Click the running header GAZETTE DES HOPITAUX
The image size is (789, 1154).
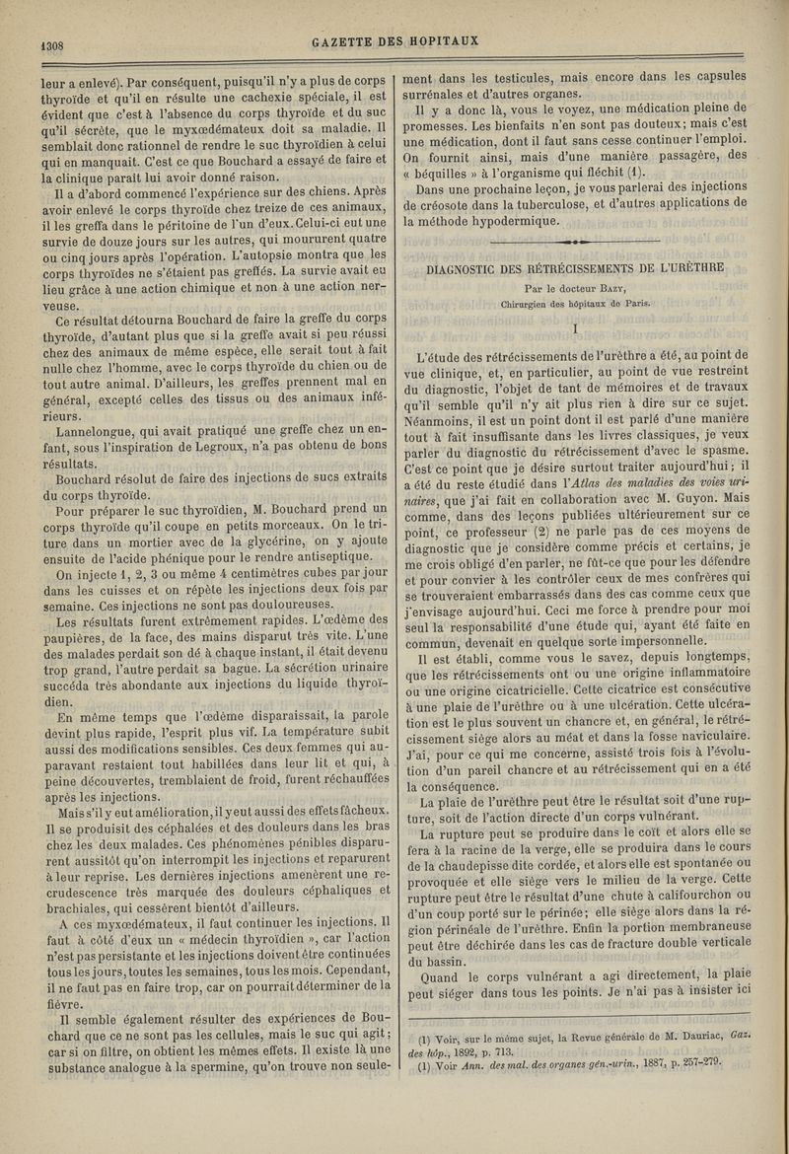pyautogui.click(x=394, y=41)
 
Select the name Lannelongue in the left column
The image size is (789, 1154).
pyautogui.click(x=100, y=431)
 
